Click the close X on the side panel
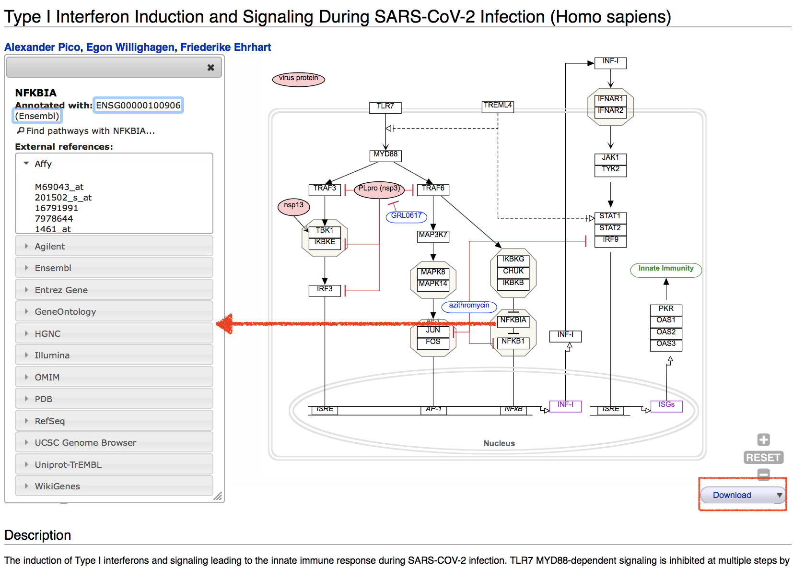click(210, 68)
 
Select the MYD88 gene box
click(385, 154)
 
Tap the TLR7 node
click(385, 107)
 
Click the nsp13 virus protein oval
click(293, 206)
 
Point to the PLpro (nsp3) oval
click(379, 189)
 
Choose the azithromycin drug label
click(469, 306)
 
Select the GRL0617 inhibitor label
click(406, 216)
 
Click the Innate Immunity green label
click(665, 269)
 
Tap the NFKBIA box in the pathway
click(513, 320)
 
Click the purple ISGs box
click(666, 405)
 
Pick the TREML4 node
click(498, 106)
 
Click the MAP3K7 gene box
click(433, 235)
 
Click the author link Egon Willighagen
click(130, 47)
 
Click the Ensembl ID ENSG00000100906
click(138, 105)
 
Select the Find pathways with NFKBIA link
click(90, 131)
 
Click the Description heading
click(37, 535)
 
